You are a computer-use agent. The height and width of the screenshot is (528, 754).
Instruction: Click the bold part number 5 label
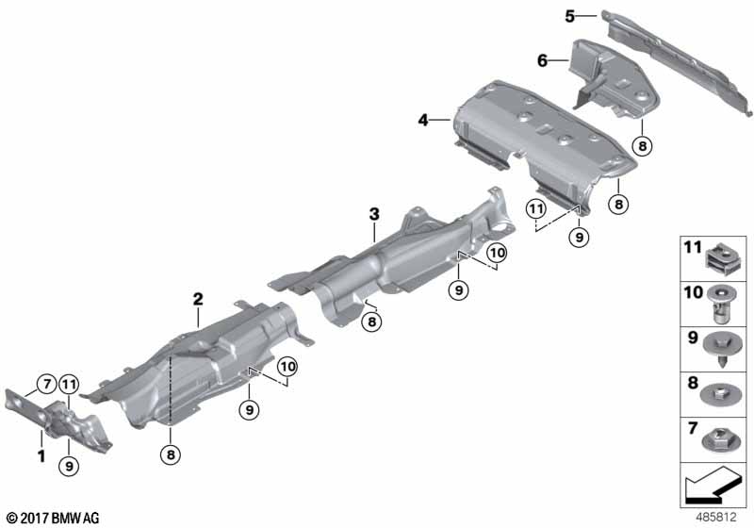pos(570,17)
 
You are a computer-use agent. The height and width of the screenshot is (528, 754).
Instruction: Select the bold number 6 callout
pos(543,60)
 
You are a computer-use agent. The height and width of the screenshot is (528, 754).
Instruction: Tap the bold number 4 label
pos(422,120)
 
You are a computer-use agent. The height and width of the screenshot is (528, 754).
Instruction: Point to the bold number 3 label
pos(374,214)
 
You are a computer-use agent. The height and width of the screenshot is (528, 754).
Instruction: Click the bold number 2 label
pos(198,299)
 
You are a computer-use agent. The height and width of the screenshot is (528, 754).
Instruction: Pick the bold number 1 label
pos(41,455)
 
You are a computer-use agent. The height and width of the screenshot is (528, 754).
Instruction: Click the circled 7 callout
pos(46,385)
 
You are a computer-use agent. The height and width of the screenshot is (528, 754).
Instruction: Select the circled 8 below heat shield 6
pos(643,145)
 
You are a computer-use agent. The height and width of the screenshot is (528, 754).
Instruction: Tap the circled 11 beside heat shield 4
pos(536,208)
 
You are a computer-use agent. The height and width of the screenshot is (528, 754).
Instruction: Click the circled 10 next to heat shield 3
pos(497,253)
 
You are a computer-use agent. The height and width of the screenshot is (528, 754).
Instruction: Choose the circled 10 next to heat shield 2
pos(287,367)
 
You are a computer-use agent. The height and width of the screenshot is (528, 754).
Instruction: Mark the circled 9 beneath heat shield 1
pos(69,466)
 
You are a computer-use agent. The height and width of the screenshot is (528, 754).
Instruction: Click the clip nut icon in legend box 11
pos(720,256)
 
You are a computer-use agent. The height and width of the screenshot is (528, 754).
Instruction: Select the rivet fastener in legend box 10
pos(720,305)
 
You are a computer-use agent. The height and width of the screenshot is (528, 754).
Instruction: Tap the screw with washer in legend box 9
pos(720,349)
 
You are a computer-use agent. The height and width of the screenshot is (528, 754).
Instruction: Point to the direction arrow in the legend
pos(713,485)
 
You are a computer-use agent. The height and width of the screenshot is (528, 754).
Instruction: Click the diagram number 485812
pos(716,518)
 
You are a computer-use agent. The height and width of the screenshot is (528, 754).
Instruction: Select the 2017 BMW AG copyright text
pos(54,518)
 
